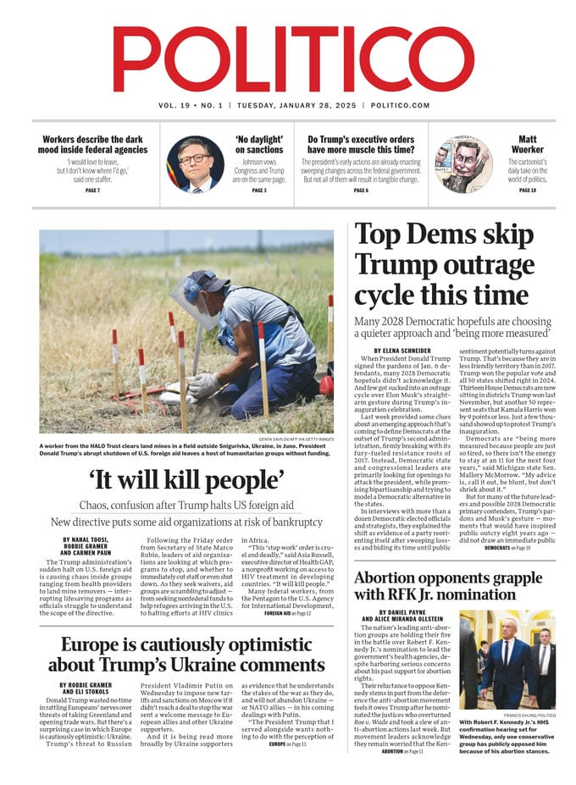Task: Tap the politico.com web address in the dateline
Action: (400, 105)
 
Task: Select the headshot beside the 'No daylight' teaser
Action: (195, 163)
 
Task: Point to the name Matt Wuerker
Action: (527, 145)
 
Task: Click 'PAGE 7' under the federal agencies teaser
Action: (93, 191)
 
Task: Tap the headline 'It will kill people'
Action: (187, 479)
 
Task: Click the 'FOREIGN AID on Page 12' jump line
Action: (287, 613)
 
